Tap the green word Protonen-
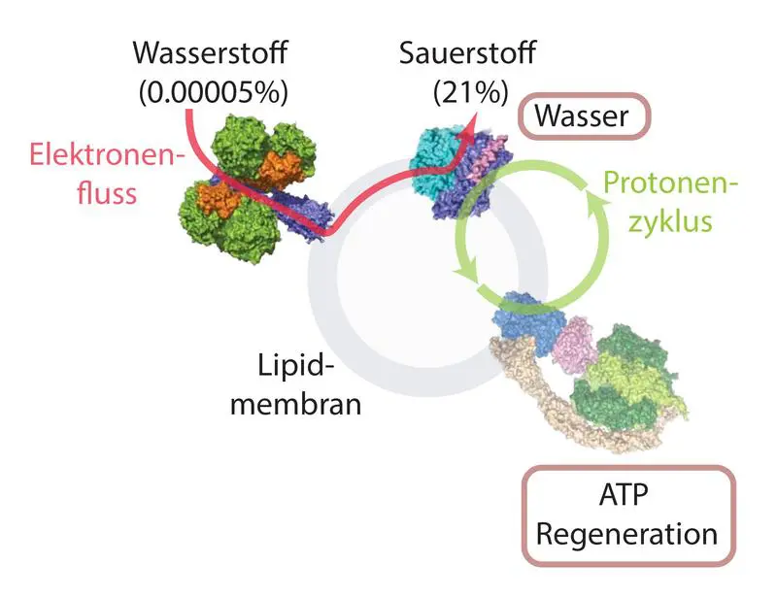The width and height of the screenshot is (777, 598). (671, 183)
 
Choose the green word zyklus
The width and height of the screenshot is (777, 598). (669, 220)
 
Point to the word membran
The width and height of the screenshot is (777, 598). (295, 403)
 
